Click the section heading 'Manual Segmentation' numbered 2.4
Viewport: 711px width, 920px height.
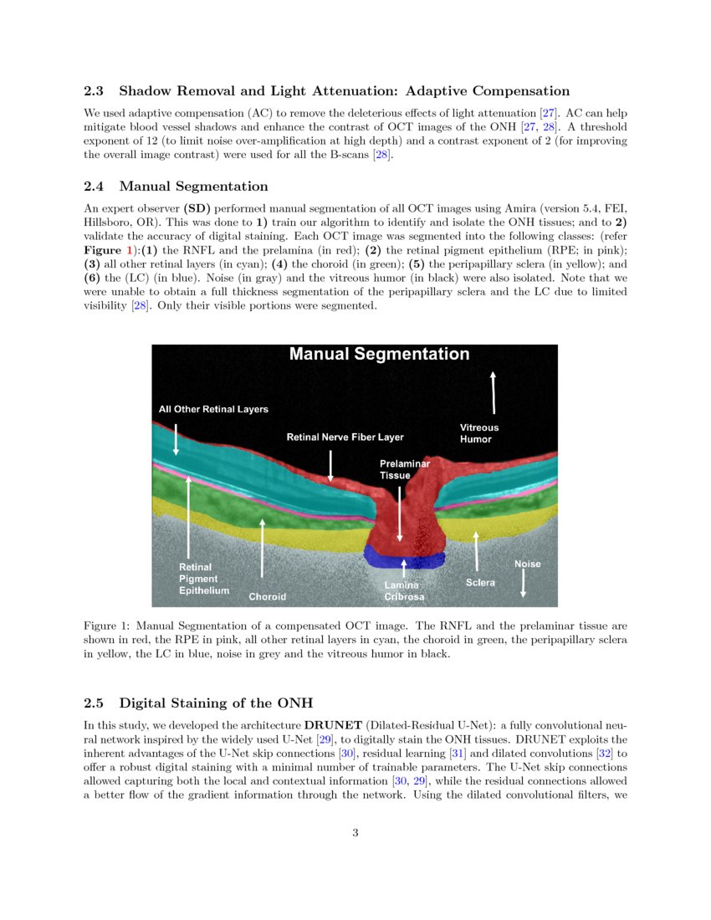193,186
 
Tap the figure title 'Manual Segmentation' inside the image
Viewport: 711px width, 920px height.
379,355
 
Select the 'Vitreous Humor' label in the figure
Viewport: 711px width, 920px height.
479,433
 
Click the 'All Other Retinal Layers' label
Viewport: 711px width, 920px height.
213,409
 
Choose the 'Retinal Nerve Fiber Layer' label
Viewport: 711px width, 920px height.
345,437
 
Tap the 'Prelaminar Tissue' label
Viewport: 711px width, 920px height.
405,469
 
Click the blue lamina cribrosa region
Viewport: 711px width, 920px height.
405,554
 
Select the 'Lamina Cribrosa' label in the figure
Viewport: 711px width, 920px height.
404,591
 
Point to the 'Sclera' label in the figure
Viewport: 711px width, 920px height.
480,582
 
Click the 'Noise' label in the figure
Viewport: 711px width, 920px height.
527,564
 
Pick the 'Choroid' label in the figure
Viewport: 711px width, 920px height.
267,597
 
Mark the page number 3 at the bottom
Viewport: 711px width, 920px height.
355,831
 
